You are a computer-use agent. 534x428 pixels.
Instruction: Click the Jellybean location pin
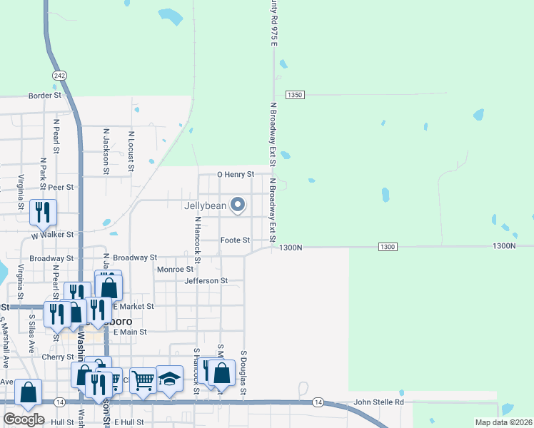point(238,206)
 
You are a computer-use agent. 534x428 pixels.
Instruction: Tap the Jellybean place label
point(205,206)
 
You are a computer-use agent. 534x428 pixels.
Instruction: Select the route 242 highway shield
point(59,75)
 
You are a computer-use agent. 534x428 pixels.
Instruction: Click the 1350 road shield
point(295,95)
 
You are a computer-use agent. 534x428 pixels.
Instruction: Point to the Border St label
point(45,95)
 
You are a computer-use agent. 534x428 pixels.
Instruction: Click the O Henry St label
point(236,175)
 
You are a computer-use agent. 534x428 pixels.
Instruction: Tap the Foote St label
point(235,240)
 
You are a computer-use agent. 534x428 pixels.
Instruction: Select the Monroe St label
point(175,270)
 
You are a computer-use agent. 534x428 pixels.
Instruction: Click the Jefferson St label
point(206,281)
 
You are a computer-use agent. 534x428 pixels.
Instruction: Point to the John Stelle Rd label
point(378,402)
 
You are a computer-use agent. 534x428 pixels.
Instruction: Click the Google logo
point(24,419)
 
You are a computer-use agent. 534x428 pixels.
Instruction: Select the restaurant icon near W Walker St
point(42,212)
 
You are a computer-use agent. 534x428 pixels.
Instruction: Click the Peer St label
point(61,187)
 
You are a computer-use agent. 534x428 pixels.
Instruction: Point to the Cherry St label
point(59,357)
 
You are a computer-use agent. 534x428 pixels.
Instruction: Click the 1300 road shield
point(387,247)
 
